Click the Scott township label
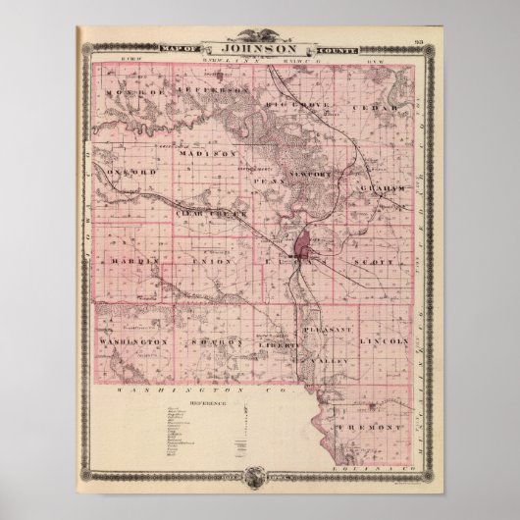377,263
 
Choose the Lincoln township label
384,340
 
